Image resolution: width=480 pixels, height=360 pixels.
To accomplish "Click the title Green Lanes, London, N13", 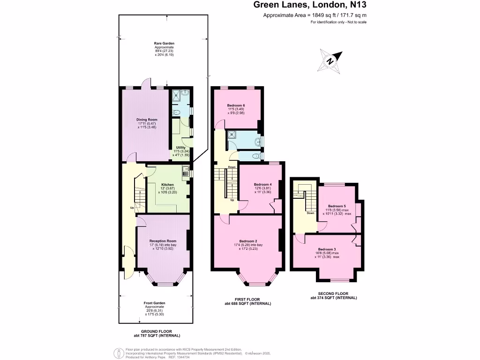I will coord(310,6).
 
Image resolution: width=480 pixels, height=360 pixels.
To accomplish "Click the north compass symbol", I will coord(330,61).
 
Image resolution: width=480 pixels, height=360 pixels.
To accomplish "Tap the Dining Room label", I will coord(147,120).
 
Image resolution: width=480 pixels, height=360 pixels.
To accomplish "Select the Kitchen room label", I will coord(167,185).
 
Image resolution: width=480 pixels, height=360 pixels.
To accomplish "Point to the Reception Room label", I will coord(163,241).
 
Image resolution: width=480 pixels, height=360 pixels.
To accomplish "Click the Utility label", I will coord(180,148).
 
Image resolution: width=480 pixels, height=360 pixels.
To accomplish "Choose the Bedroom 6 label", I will coord(237,105).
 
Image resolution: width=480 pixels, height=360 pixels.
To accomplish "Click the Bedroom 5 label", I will coord(337,206).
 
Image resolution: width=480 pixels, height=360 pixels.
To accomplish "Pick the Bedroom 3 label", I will coord(327,249).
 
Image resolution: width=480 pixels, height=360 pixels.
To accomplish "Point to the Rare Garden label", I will coord(164,44).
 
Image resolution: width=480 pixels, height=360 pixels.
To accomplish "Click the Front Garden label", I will coord(154,303).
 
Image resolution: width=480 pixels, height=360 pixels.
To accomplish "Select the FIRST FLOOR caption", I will coord(248,300).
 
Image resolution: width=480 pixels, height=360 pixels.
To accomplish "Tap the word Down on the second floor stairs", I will coord(310,213).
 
